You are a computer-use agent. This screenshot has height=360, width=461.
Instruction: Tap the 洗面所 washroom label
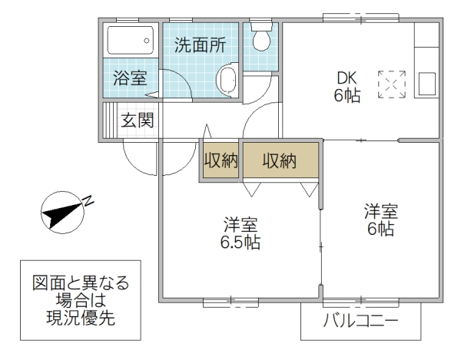click(199, 45)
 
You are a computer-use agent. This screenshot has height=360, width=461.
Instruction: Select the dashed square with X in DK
click(391, 84)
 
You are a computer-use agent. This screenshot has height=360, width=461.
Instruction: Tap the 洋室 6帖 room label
click(380, 220)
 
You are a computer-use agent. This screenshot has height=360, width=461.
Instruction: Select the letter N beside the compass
click(89, 201)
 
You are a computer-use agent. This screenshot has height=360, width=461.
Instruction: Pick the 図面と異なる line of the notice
click(80, 283)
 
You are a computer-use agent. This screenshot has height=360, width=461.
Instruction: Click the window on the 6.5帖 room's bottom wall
click(230, 302)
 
